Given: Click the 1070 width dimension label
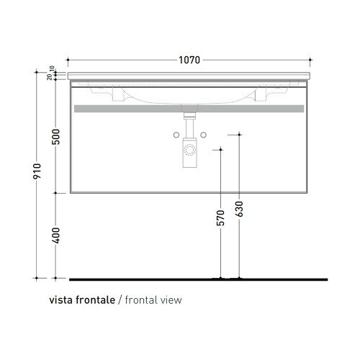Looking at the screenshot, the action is point(189,60).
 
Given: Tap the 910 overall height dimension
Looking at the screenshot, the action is point(37,171).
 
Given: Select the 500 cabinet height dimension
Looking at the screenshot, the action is point(56,137).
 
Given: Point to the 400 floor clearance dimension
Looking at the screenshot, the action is point(56,235).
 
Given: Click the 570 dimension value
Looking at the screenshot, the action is point(220,218).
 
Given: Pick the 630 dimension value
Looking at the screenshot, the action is point(239,209).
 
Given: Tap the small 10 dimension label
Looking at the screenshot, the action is point(52,68).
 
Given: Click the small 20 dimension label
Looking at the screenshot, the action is point(50,77).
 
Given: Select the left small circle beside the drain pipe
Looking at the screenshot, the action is point(176,135).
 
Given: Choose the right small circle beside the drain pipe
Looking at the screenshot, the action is point(204,135).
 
